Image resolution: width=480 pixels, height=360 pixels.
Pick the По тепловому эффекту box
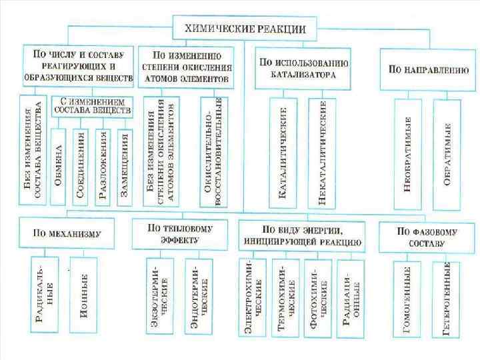[x=180, y=233]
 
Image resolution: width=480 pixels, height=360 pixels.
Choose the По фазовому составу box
[x=427, y=236]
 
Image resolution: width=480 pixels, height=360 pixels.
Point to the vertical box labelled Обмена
[x=59, y=166]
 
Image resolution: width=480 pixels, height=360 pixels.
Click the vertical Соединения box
[x=81, y=166]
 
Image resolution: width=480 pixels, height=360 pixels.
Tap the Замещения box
[x=123, y=166]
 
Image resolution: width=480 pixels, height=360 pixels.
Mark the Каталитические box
[x=283, y=153]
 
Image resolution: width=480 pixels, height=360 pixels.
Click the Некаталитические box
[x=322, y=153]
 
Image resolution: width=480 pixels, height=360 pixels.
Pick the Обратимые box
[x=446, y=153]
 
